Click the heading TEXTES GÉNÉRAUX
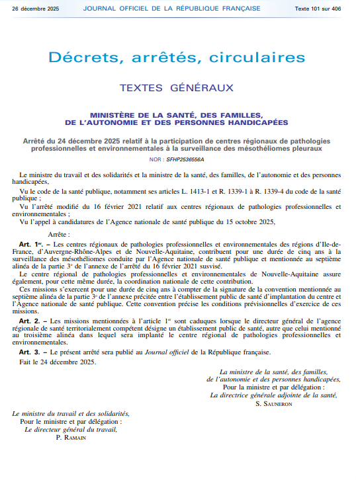pos(177,87)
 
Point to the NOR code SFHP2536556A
pos(185,159)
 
